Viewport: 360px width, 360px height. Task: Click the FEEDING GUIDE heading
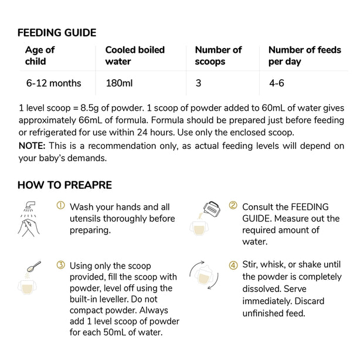point(56,33)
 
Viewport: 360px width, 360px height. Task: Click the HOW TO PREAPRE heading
point(64,185)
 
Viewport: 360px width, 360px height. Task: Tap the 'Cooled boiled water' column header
point(135,55)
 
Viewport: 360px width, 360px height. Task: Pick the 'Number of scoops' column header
point(218,55)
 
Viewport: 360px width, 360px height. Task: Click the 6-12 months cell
point(54,83)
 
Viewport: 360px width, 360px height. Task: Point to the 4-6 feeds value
point(277,83)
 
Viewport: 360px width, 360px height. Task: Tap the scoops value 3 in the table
point(198,83)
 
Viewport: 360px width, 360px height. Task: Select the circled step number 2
point(233,206)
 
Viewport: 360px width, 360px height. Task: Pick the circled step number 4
point(233,264)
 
